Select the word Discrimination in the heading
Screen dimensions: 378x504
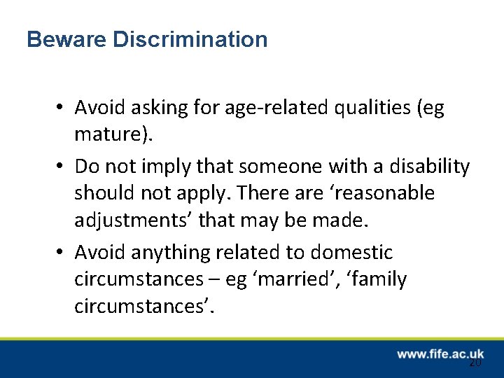click(x=190, y=39)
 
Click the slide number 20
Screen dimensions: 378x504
click(x=475, y=363)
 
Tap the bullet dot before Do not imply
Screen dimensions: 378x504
click(x=62, y=167)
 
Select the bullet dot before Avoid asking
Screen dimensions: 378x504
click(x=62, y=108)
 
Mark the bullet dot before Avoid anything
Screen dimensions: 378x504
click(x=62, y=253)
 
